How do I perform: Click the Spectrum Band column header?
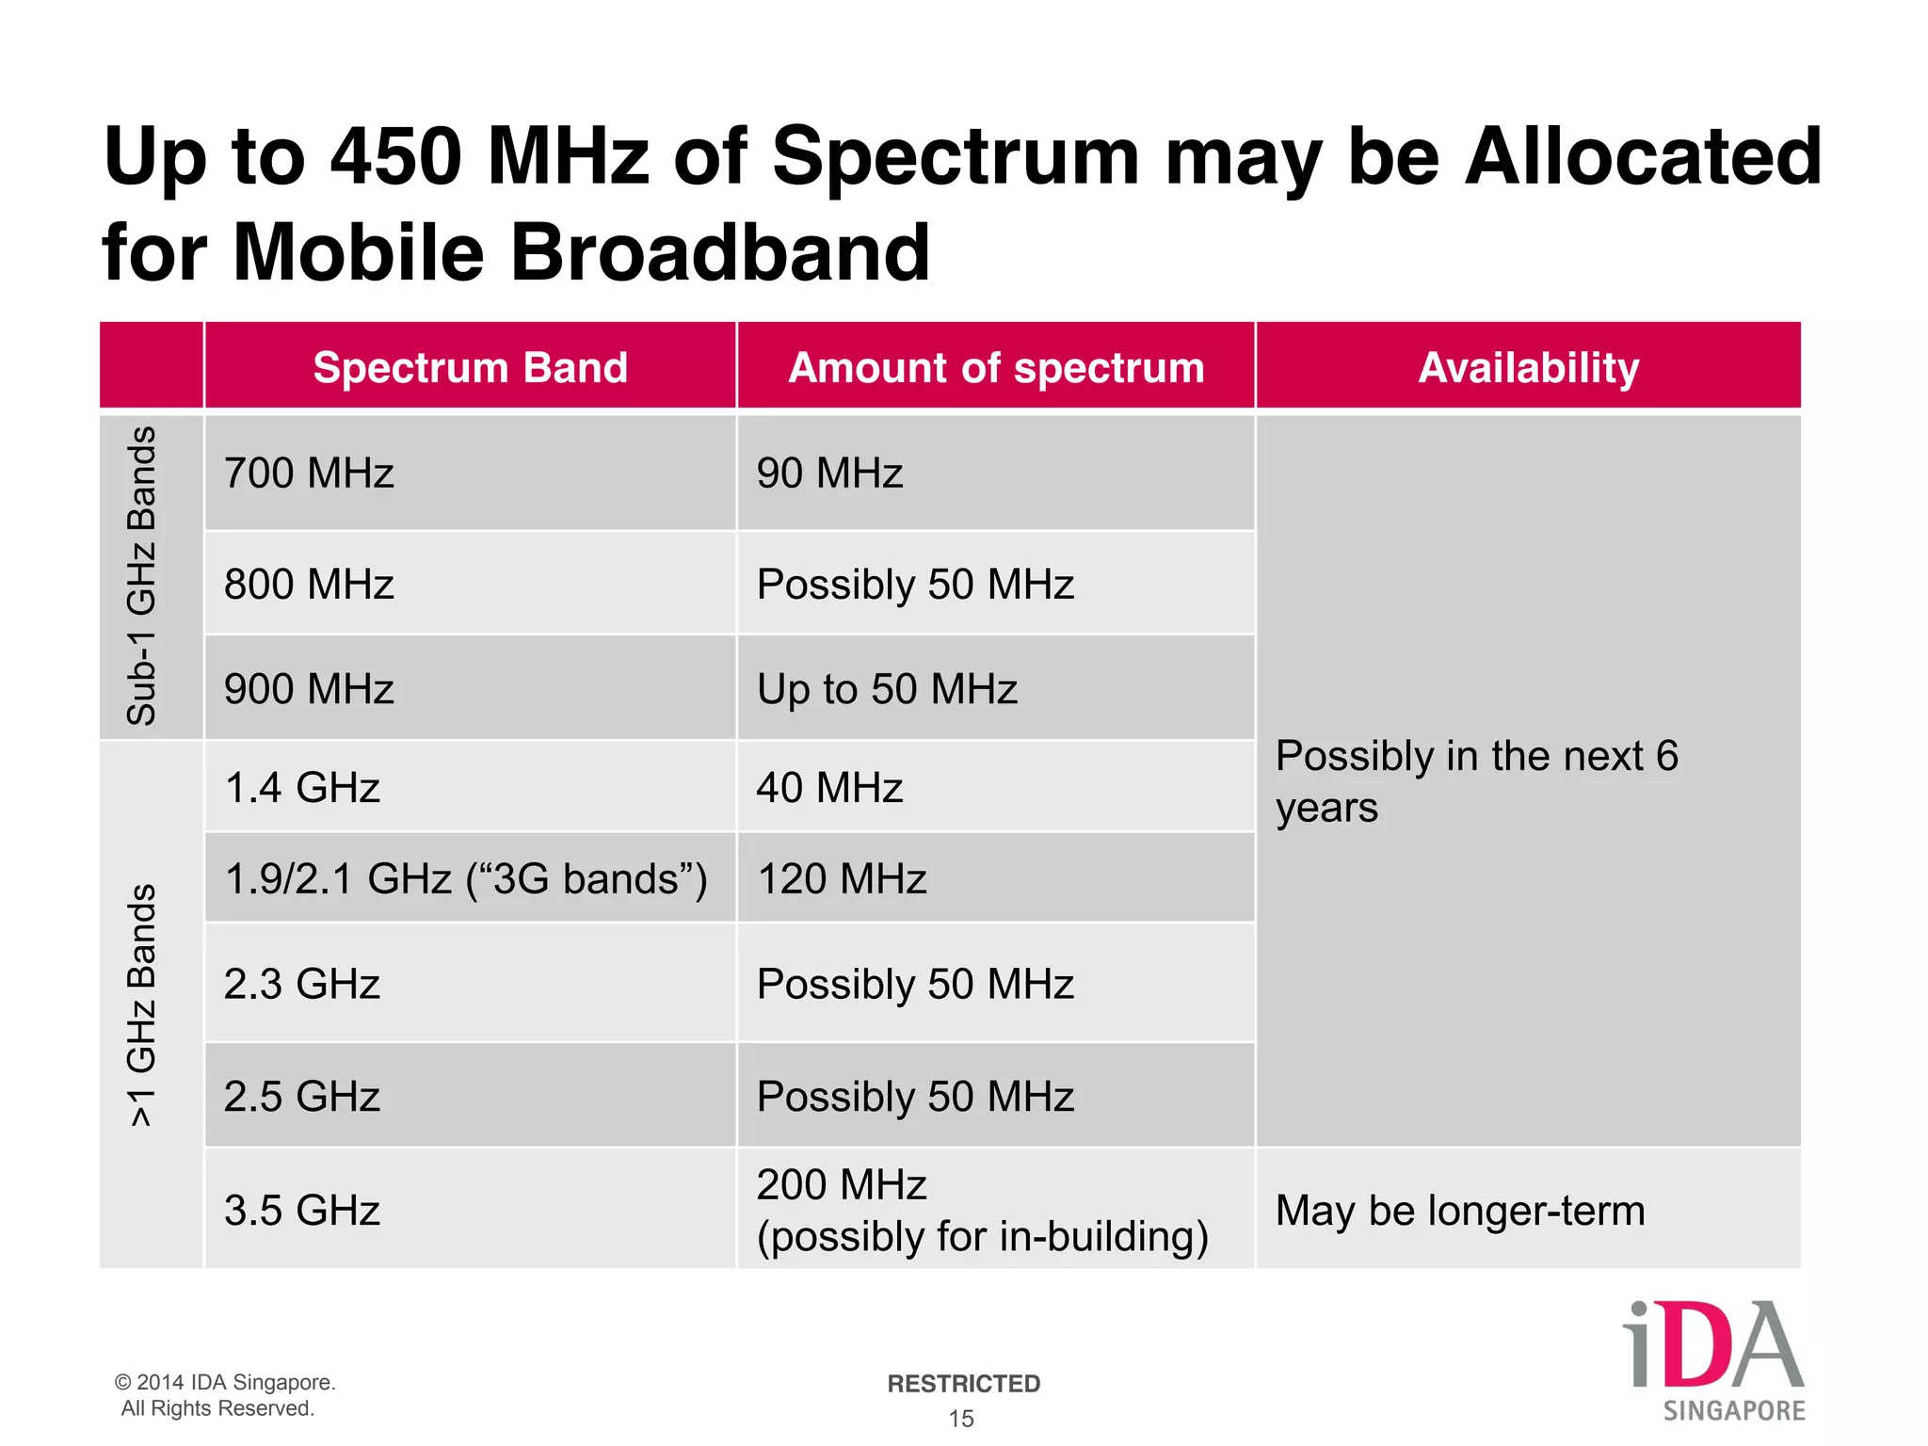pos(470,367)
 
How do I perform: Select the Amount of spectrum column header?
pos(996,367)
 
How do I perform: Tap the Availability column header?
pos(1528,367)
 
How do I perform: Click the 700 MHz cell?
pos(309,473)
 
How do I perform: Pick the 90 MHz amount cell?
pos(829,473)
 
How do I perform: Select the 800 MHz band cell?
pos(309,584)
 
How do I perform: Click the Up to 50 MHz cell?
pos(887,689)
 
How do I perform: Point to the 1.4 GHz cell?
pos(302,787)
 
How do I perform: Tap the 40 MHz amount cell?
pos(829,787)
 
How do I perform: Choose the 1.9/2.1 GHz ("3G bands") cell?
pos(466,878)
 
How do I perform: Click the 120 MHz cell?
pos(842,878)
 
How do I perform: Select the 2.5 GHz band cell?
pos(302,1097)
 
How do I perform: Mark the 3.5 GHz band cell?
pos(302,1211)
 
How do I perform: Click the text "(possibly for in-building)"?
pos(983,1236)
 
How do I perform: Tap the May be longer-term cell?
pos(1460,1211)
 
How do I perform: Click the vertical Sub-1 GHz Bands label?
pos(142,575)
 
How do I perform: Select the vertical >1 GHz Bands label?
pos(142,1004)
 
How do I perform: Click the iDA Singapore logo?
pos(1713,1358)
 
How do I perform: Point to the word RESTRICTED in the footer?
pos(963,1383)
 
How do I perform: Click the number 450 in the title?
pos(396,156)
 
